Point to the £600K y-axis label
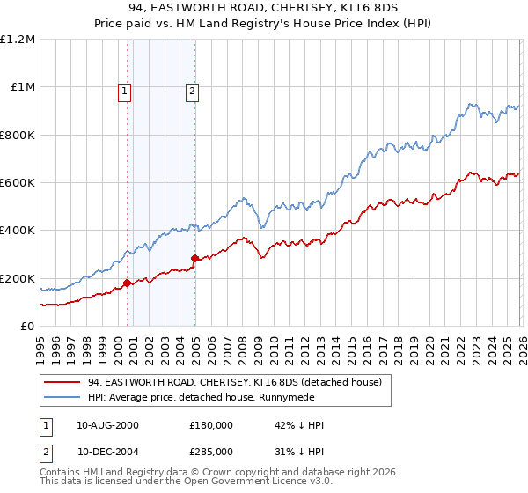pos(17,183)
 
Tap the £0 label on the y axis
pos(27,327)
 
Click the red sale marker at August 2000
pos(127,283)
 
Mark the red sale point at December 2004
pos(194,258)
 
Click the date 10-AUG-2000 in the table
pos(107,425)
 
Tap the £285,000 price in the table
pos(211,451)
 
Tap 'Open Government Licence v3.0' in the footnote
pos(233,482)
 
